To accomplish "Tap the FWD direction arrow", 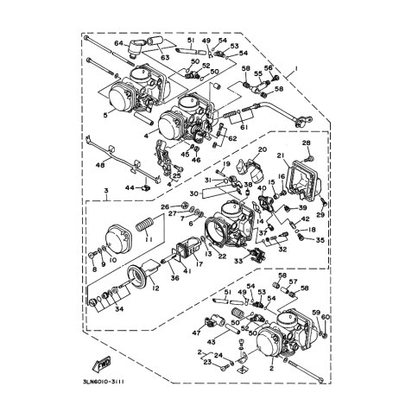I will (101, 364).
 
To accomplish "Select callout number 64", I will (119, 43).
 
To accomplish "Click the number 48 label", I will (99, 164).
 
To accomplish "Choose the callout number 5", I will (105, 114).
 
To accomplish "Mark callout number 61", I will (244, 127).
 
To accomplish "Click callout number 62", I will (231, 137).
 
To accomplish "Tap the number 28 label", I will (306, 142).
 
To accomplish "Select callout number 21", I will (282, 155).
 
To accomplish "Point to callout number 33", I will (237, 260).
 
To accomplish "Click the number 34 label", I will (118, 307).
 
